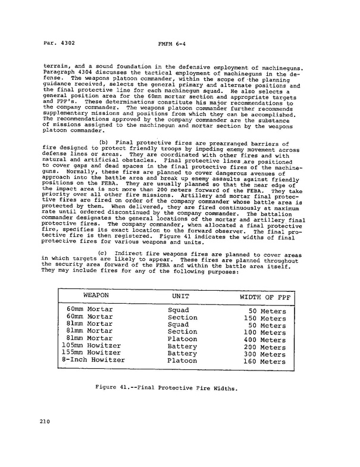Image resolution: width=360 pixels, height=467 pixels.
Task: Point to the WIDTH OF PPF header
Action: (x=262, y=297)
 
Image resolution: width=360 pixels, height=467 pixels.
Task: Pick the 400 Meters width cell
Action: (x=264, y=340)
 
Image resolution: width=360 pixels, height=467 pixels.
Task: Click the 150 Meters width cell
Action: (x=264, y=318)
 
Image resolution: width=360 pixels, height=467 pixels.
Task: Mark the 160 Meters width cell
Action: (x=264, y=362)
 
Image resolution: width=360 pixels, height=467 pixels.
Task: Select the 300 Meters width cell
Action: (x=264, y=354)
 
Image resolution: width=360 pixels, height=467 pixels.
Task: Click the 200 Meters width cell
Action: (x=264, y=347)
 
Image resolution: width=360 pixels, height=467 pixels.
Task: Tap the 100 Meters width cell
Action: (x=264, y=332)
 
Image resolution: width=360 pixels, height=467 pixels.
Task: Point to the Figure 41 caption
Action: (x=167, y=387)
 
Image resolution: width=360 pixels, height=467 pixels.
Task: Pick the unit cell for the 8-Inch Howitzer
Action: (x=182, y=360)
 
